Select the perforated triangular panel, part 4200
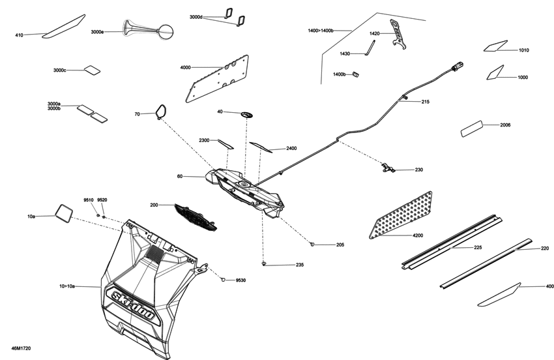coord(403,215)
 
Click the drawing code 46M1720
coord(20,349)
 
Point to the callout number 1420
coord(374,33)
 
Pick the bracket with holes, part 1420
coord(396,33)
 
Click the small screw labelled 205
coord(313,244)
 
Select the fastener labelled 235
coord(263,264)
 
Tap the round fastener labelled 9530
coord(223,279)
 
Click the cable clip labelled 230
coord(388,169)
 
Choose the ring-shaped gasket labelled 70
coord(160,112)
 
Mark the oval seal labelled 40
coord(246,113)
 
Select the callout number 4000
coord(185,67)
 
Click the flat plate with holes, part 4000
coord(218,77)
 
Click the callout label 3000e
coord(97,31)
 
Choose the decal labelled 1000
coord(495,72)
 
